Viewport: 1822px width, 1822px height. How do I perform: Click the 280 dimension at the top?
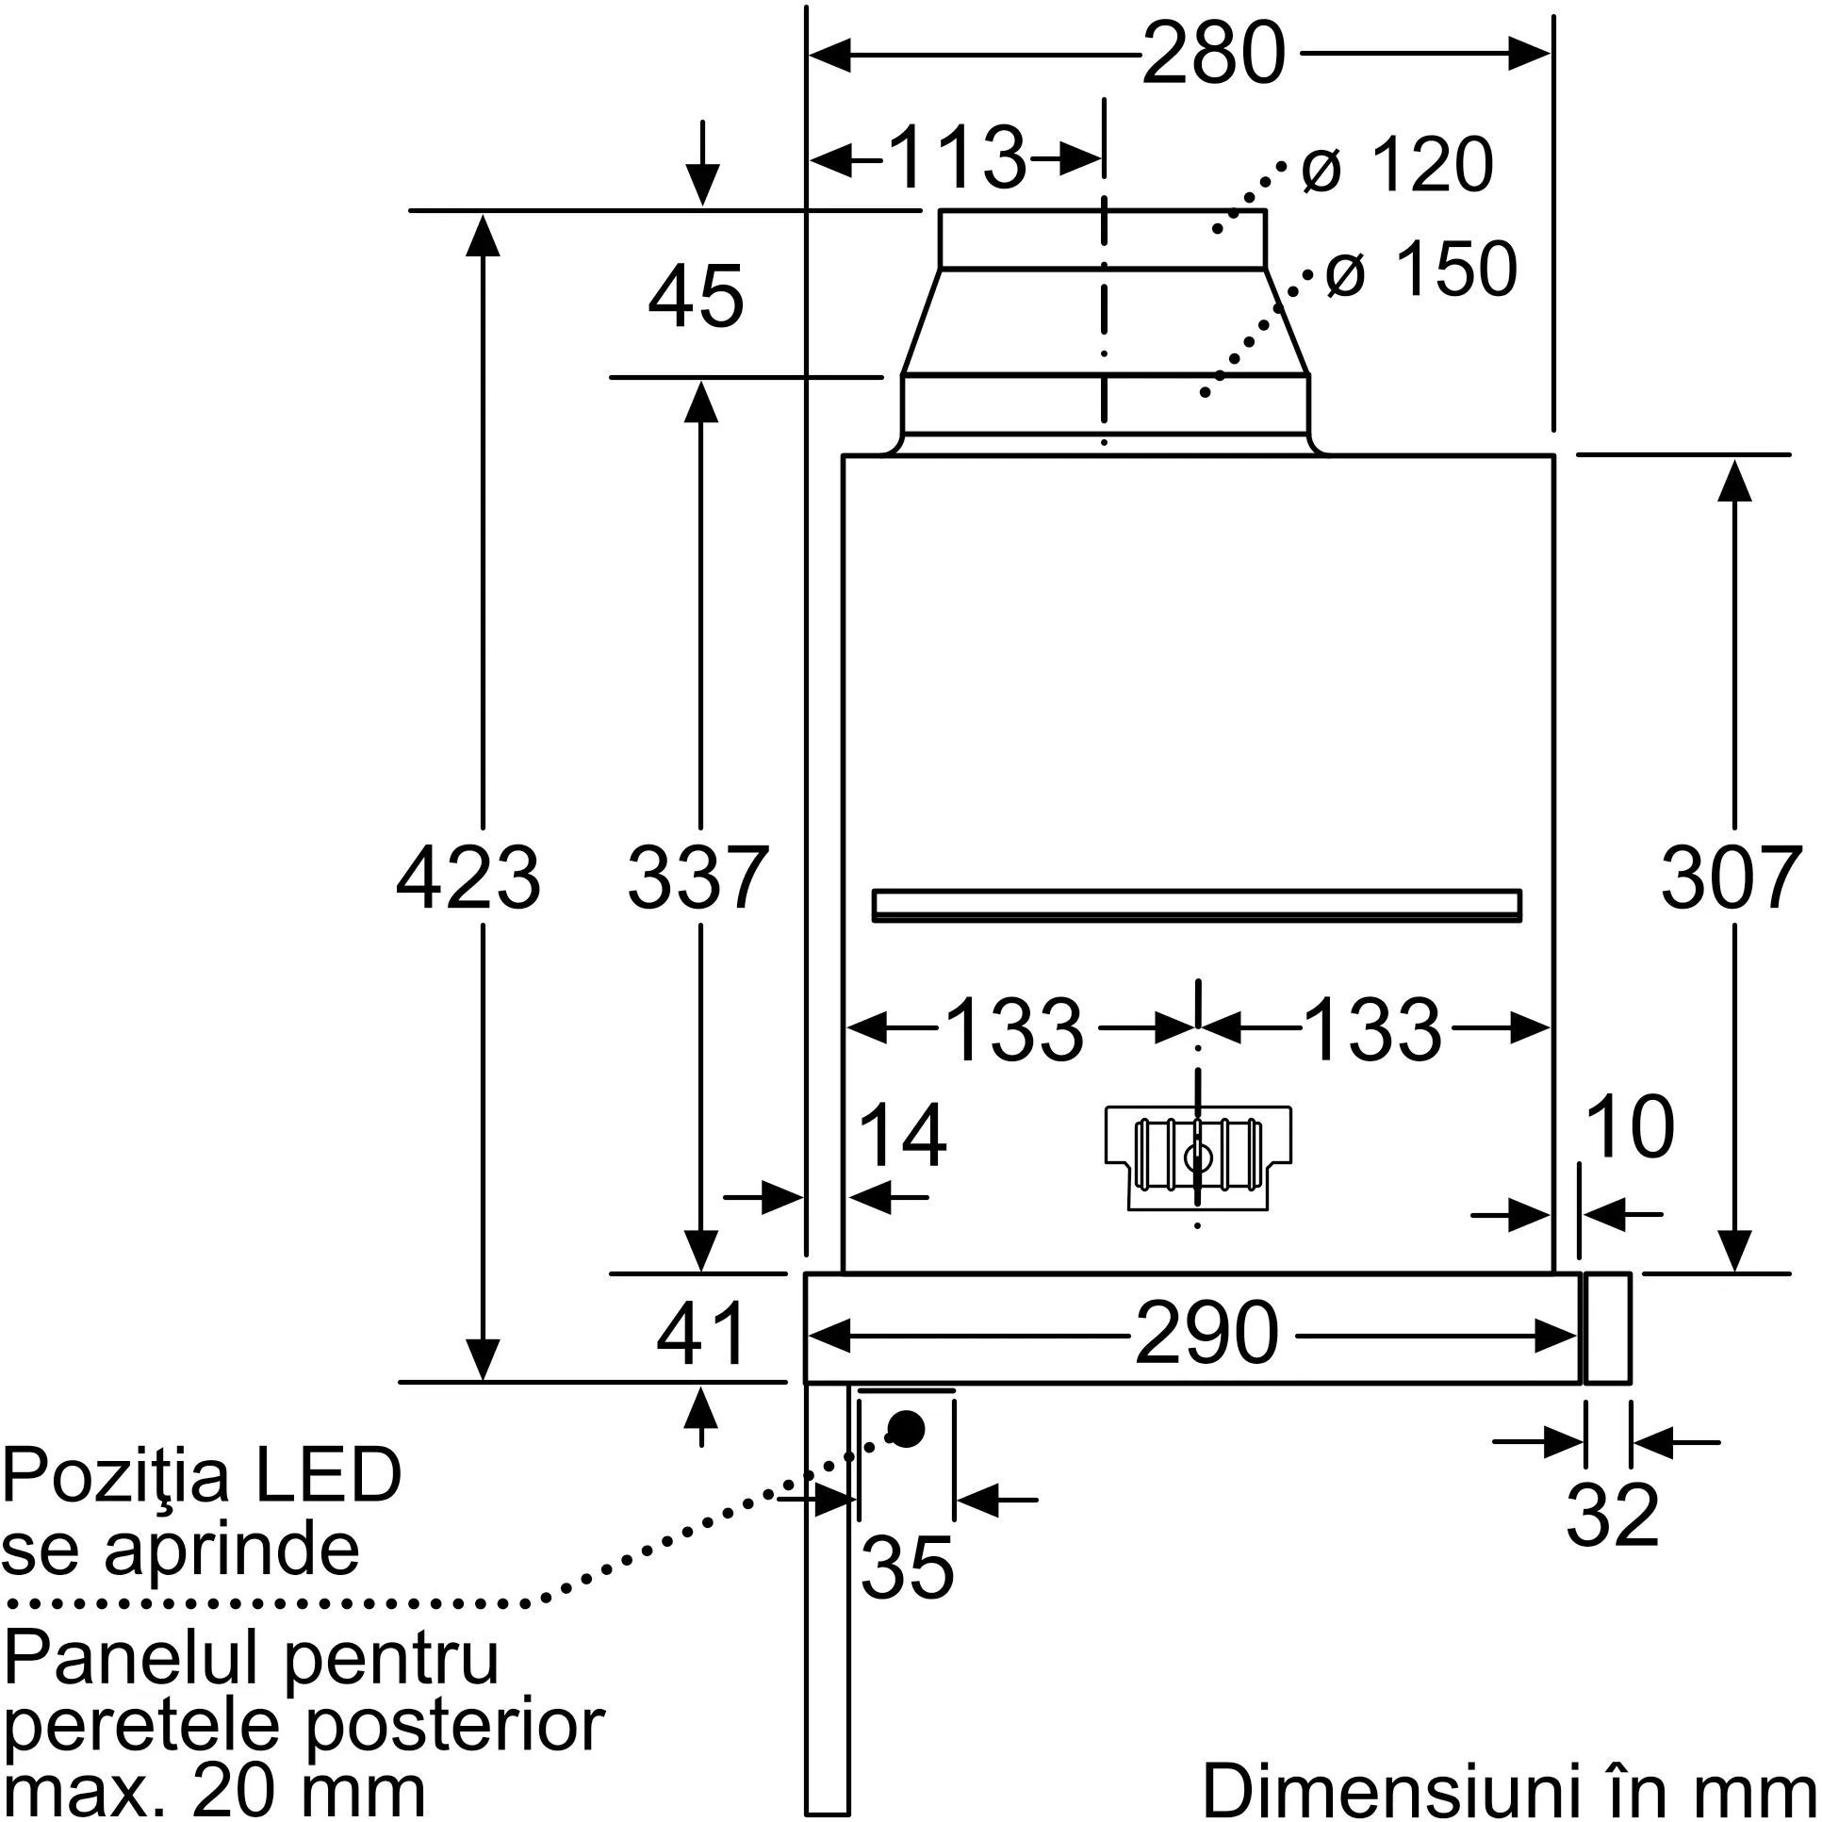[1214, 54]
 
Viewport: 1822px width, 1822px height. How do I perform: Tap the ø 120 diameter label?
[1397, 166]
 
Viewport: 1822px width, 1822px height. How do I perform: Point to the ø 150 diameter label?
[1421, 270]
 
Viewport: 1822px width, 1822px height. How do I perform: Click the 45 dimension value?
[696, 296]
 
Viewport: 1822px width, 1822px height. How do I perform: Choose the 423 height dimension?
[468, 878]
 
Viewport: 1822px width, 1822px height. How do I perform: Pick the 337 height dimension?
[698, 878]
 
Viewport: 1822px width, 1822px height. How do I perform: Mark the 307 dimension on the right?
[1732, 878]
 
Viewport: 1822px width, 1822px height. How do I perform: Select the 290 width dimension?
[1206, 1334]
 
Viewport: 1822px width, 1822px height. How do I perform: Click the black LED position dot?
[905, 1430]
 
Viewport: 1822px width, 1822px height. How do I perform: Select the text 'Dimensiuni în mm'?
[1509, 1789]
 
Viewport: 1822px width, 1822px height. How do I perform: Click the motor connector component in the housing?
[1198, 1157]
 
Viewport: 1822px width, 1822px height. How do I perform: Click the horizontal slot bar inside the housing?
[1197, 904]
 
